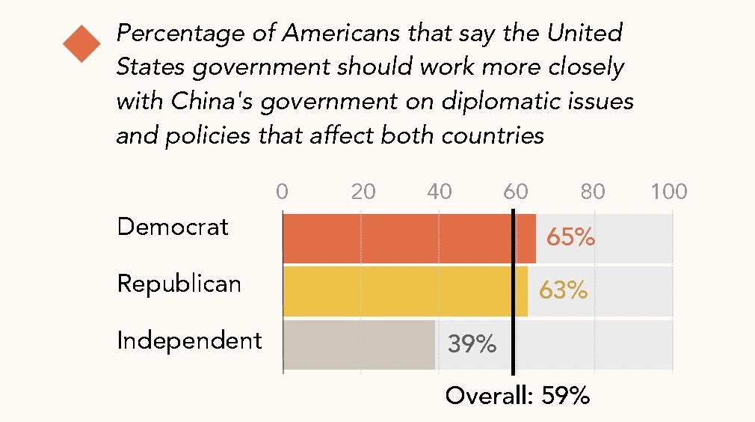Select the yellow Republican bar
[x=404, y=291]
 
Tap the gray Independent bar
[x=359, y=345]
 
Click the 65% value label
[x=570, y=238]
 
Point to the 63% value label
[x=563, y=290]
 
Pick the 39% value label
[x=472, y=344]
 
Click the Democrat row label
[x=173, y=227]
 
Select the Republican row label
[x=179, y=284]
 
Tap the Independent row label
[x=190, y=340]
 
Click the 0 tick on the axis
[x=282, y=192]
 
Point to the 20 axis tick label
[x=363, y=192]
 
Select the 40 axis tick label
[x=440, y=192]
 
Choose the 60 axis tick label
[x=515, y=192]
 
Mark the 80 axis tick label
[x=593, y=192]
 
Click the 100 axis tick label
[x=668, y=192]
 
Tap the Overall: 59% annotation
[x=517, y=395]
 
